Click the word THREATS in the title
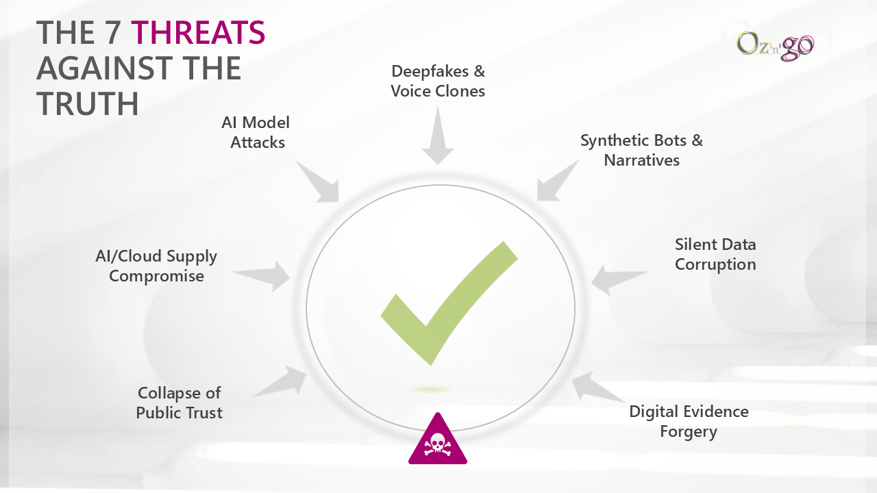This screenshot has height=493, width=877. click(198, 33)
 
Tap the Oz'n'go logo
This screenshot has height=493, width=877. click(775, 44)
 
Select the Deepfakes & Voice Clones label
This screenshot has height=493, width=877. click(438, 81)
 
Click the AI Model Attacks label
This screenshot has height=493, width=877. click(256, 132)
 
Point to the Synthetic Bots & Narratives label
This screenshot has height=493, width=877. click(641, 150)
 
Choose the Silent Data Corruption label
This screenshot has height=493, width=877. click(715, 254)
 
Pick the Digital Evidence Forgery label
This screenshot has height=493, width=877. click(689, 421)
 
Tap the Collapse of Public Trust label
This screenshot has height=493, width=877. click(180, 403)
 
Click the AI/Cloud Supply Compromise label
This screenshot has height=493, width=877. click(156, 266)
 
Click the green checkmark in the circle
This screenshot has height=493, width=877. click(449, 301)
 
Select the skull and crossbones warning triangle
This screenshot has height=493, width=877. click(438, 441)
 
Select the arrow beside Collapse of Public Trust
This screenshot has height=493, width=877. click(283, 382)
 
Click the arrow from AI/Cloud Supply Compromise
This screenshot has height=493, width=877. click(264, 275)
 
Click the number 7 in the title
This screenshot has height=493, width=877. click(113, 33)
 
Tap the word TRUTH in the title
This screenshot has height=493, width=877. click(88, 103)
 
